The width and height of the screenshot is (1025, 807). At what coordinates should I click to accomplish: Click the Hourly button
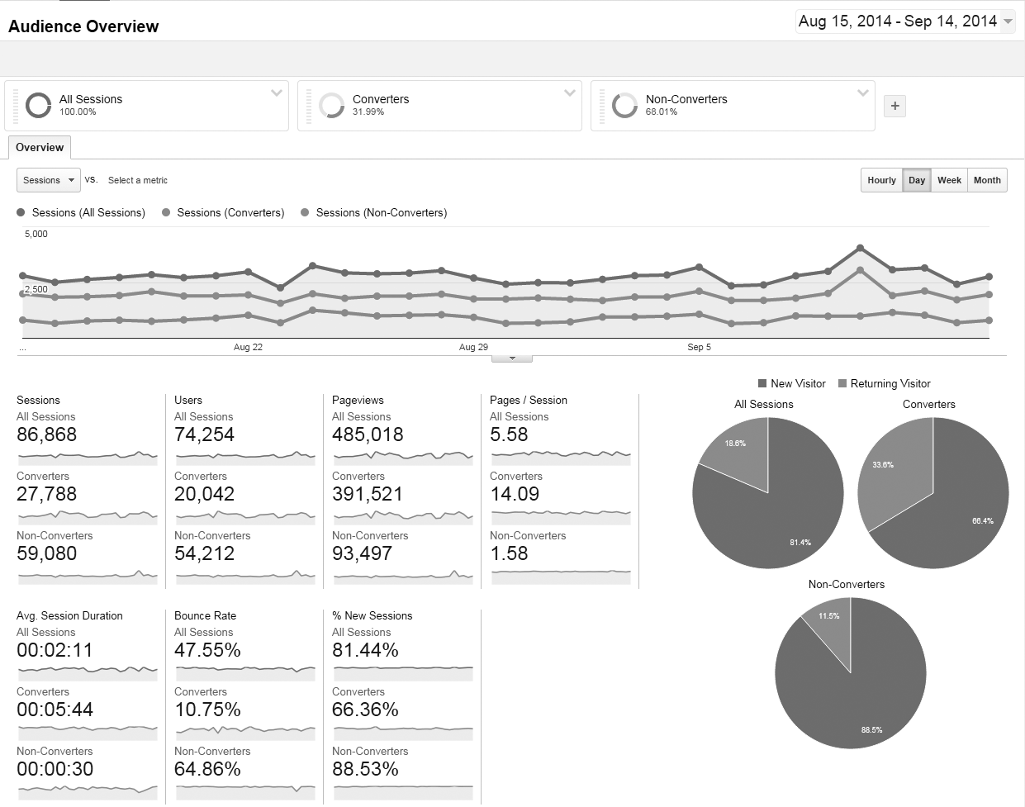point(881,180)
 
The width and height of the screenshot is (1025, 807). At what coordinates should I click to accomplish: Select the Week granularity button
point(949,180)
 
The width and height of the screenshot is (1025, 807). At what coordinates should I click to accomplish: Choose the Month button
point(987,180)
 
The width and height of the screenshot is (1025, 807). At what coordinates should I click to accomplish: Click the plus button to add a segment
point(895,106)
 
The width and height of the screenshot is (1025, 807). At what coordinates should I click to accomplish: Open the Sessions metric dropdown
point(49,180)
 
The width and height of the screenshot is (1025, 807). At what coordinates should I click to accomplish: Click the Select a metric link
point(138,180)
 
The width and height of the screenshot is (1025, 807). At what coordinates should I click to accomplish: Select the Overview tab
point(40,148)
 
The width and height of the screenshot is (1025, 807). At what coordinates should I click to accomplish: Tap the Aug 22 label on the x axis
point(248,347)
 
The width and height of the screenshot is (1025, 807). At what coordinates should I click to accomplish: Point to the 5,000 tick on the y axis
point(36,234)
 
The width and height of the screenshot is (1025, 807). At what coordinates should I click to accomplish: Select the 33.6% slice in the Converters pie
point(888,471)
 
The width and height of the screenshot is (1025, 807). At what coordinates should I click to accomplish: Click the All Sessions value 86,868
point(47,434)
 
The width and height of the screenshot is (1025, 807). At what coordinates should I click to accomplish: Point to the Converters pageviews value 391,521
point(368,494)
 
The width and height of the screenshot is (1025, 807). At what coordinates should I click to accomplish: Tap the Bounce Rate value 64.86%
point(207,769)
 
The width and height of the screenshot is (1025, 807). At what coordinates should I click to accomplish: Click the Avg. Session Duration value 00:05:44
point(55,710)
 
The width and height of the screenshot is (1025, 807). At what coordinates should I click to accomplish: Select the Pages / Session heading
point(529,400)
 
